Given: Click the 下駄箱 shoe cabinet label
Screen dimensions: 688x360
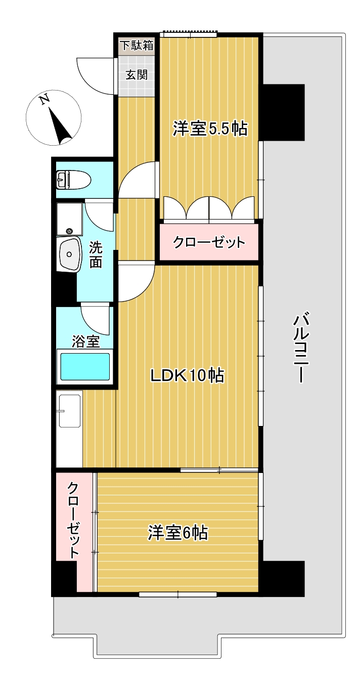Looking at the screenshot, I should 137,46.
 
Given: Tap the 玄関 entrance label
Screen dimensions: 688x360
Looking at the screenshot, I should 137,75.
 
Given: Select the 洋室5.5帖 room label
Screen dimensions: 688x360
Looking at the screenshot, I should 210,129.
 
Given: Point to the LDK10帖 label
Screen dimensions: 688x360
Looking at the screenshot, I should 187,375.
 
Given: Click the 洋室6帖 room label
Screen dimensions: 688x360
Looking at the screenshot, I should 178,533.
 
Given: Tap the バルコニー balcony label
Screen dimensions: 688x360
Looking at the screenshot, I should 302,349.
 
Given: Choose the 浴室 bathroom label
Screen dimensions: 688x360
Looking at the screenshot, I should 85,341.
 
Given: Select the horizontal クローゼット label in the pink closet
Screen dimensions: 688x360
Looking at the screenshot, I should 209,242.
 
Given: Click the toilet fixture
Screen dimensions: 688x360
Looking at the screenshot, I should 74,179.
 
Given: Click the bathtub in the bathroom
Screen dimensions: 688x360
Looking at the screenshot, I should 85,366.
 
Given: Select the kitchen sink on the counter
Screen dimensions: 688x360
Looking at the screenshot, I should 69,411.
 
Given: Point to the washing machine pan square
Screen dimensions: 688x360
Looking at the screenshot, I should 69,219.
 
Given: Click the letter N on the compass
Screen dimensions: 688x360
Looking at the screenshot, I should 45,99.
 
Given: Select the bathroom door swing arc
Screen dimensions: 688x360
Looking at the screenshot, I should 95,318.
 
